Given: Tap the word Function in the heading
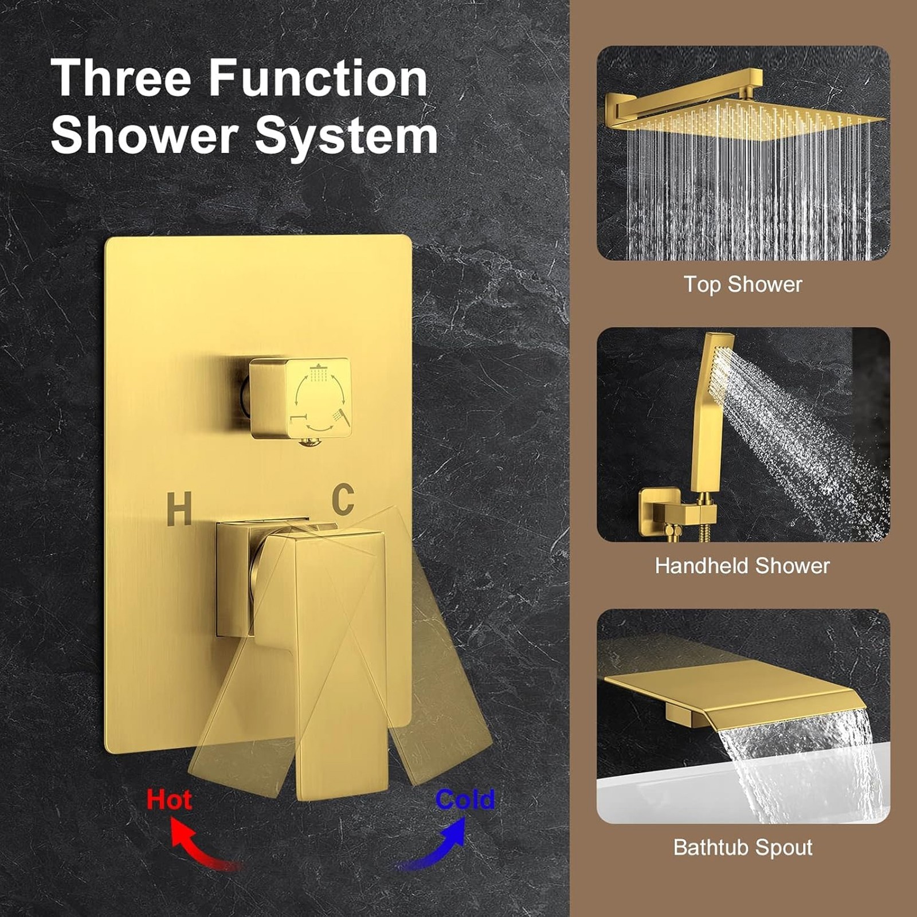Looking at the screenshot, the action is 318,79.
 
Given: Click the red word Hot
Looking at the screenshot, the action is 168,799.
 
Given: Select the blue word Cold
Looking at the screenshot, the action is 465,799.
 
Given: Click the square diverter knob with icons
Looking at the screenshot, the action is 300,398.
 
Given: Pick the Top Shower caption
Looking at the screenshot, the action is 743,285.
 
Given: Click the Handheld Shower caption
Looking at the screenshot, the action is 742,566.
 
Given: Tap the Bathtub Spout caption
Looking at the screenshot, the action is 743,848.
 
